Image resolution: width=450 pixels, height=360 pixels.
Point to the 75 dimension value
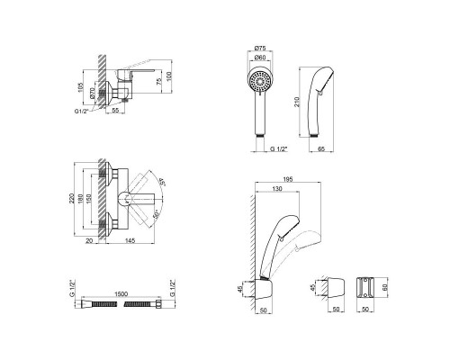pyautogui.click(x=158, y=80)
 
